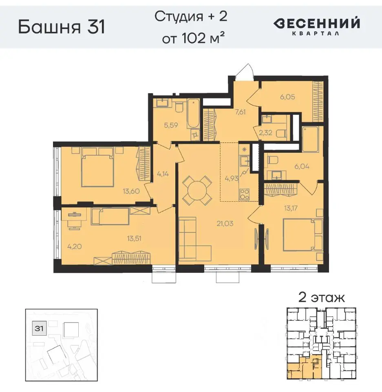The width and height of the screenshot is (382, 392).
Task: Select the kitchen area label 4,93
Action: [x=232, y=177]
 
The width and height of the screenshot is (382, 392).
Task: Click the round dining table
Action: [x=197, y=190]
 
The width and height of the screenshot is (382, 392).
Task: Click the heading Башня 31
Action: [x=62, y=27]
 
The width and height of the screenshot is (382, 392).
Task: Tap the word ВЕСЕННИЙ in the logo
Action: [x=316, y=23]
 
